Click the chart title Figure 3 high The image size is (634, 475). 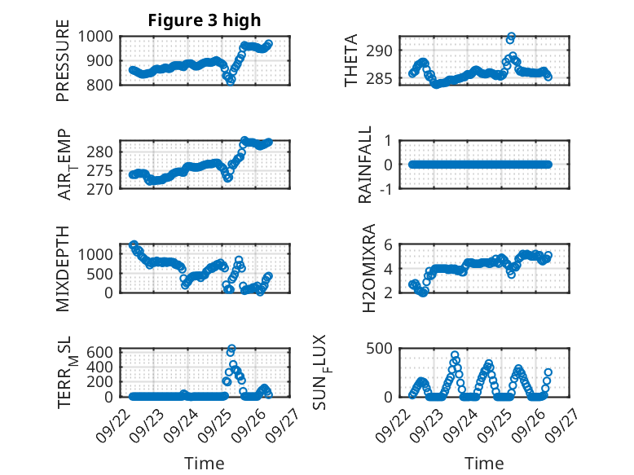click(x=205, y=20)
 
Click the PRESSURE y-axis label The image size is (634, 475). click(x=64, y=65)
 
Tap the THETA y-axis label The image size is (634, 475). click(x=351, y=61)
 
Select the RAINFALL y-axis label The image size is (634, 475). click(x=366, y=165)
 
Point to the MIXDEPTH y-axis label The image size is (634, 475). click(x=64, y=269)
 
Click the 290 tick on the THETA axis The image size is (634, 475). click(x=384, y=51)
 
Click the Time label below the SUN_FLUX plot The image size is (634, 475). click(x=484, y=464)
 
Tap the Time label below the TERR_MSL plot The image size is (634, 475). click(x=205, y=464)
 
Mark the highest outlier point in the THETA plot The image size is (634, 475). click(x=512, y=37)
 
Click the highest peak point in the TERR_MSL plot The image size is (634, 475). click(x=232, y=349)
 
